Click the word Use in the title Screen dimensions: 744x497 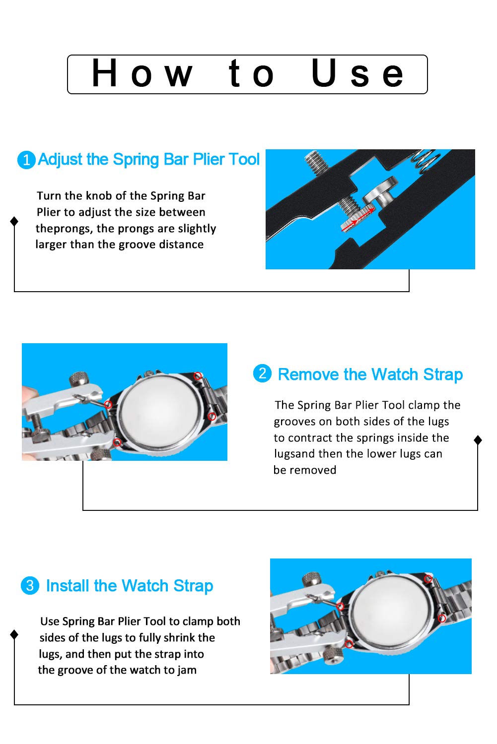tap(357, 73)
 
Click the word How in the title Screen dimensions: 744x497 tap(142, 73)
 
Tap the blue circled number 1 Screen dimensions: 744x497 tap(26, 160)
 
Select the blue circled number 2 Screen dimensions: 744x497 tap(262, 373)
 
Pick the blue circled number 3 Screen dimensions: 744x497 tap(30, 585)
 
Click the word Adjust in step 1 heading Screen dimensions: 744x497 tap(60, 159)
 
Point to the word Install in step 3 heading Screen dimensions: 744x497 tap(68, 586)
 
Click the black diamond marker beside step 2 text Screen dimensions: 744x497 tap(478, 440)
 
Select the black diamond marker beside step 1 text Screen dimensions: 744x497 tap(14, 221)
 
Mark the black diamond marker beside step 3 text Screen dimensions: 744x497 tap(14, 634)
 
